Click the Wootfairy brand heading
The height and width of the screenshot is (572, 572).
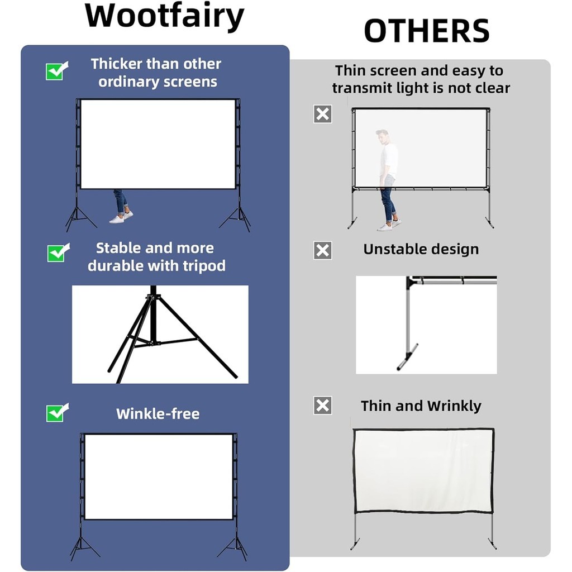tap(164, 17)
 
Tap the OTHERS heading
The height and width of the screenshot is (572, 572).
tap(426, 31)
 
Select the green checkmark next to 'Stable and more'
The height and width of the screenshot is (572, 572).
tap(58, 252)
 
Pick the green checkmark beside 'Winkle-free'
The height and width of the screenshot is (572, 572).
tap(58, 413)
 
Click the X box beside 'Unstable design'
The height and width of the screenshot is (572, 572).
tap(322, 251)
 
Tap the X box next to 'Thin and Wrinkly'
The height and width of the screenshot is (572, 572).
tap(322, 406)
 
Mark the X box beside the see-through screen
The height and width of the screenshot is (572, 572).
tap(322, 114)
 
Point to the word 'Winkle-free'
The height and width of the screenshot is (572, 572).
tap(158, 414)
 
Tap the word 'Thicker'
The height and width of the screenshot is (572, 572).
tap(116, 64)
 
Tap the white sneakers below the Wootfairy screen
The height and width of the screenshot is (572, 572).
tap(121, 217)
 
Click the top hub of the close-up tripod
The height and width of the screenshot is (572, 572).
tap(153, 297)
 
